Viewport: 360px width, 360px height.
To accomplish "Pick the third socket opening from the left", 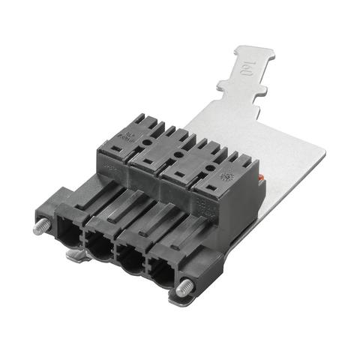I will pos(131,259).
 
